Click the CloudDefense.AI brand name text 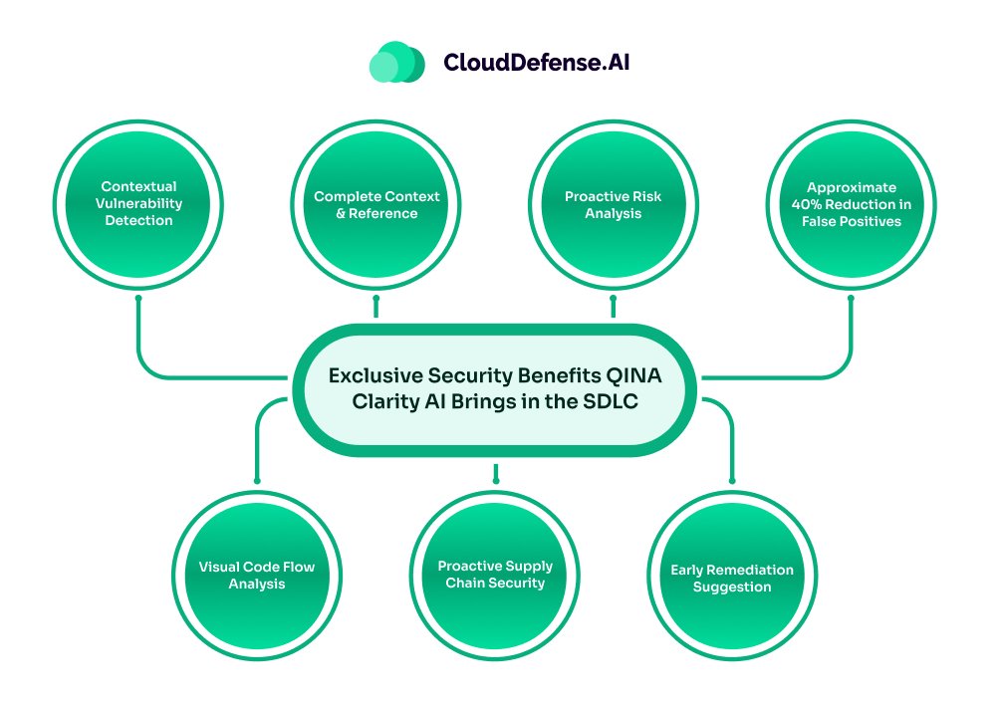(x=536, y=63)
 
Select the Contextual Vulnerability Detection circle (x=138, y=204)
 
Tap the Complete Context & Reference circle (x=376, y=204)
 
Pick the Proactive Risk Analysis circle (x=614, y=204)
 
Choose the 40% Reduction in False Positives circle (x=852, y=204)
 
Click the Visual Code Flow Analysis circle (x=257, y=575)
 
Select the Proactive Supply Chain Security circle (x=495, y=575)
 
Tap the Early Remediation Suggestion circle (x=732, y=578)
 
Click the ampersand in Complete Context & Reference (x=341, y=213)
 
